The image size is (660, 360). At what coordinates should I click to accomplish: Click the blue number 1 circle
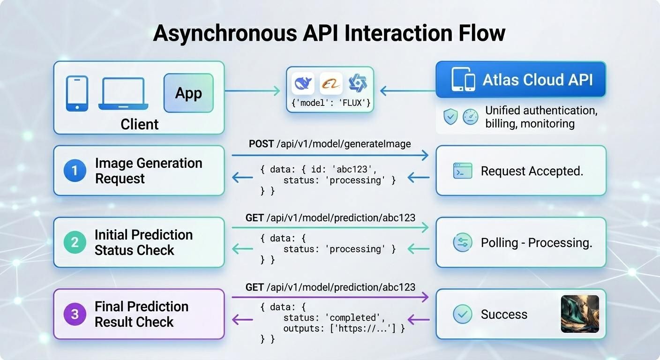coord(75,171)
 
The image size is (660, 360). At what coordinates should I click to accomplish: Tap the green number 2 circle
coord(75,242)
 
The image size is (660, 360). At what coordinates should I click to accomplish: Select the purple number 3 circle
coord(75,314)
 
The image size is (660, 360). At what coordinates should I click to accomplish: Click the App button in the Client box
coord(188,93)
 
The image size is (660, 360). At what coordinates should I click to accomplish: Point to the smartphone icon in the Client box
coord(77,94)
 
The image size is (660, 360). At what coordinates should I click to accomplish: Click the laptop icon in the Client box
coord(123,94)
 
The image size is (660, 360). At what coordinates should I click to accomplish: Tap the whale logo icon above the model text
coord(303,84)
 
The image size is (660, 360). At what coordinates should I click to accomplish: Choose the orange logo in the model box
coord(331,84)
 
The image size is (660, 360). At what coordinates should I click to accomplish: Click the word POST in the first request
coord(261,144)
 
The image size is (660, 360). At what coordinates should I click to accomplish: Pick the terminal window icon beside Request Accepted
coord(462,171)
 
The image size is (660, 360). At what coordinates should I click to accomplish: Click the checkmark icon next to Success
coord(462,314)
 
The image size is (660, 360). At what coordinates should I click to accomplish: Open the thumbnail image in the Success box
coord(580,314)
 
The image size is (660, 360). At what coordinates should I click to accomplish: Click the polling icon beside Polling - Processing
coord(462,242)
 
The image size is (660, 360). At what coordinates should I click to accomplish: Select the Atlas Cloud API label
coord(538,79)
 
